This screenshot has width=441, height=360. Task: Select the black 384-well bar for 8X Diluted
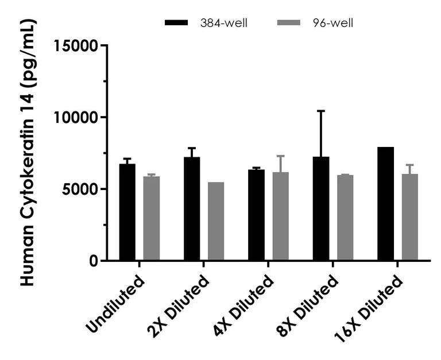[321, 209]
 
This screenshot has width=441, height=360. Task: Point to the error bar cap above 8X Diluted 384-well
[321, 111]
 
